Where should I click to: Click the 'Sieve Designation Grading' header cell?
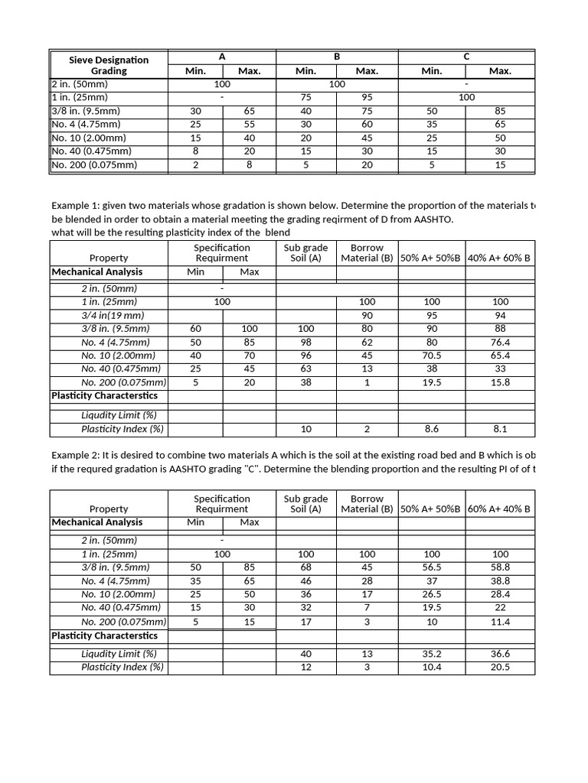pos(109,65)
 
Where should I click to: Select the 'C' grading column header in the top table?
pos(466,57)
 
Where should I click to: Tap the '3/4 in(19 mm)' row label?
pos(109,315)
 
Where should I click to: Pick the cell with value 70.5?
pos(432,356)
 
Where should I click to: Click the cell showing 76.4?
pos(500,343)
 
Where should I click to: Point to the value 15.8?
pos(500,382)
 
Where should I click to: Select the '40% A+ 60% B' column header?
pos(500,258)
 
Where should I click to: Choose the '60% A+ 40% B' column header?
pos(500,509)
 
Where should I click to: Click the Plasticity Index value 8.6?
pos(432,429)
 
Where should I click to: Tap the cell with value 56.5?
pos(432,567)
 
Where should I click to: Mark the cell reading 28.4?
pos(500,594)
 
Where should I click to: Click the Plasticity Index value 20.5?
pos(500,667)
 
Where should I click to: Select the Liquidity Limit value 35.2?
pos(432,654)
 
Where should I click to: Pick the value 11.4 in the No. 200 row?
pos(500,622)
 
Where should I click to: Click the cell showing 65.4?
pos(500,356)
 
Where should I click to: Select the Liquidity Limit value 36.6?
pos(500,654)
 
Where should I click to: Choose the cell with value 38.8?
pos(500,580)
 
